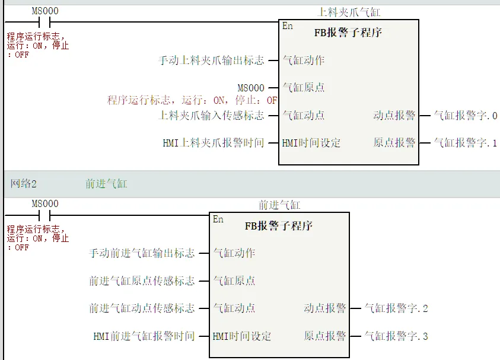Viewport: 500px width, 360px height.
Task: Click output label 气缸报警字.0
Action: coord(466,116)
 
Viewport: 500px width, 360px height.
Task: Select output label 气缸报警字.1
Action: coord(466,143)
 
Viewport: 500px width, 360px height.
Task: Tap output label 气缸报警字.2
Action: coord(396,308)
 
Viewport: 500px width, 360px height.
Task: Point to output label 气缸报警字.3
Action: coord(396,336)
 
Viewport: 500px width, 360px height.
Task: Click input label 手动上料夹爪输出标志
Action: coord(212,60)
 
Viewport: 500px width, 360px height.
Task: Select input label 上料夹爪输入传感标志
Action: coord(212,116)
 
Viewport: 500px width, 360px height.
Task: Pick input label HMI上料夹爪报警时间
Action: coord(214,143)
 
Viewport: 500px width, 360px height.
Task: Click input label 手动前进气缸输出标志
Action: coord(142,253)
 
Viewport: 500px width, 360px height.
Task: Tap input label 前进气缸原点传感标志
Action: coord(142,281)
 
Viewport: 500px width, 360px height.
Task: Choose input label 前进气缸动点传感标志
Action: coord(142,308)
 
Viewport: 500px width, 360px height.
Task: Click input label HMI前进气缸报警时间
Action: coord(144,336)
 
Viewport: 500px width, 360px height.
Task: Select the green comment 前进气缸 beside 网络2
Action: coord(106,184)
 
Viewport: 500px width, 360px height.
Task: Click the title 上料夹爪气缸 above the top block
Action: coord(349,12)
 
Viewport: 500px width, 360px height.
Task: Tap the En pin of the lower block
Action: coord(218,219)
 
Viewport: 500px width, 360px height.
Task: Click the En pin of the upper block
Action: coord(288,26)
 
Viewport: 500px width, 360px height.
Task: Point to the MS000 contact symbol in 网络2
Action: coord(45,215)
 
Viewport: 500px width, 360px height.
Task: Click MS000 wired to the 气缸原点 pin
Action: coord(251,88)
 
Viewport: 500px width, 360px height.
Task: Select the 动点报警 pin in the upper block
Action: coord(394,116)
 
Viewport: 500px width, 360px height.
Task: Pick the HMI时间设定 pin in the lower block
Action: coord(242,336)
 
